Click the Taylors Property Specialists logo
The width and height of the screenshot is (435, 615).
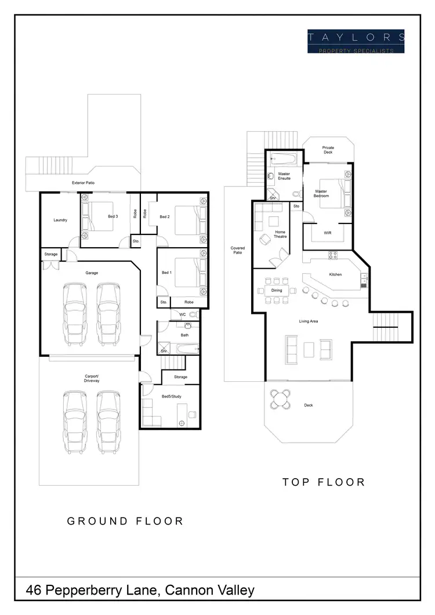(356, 41)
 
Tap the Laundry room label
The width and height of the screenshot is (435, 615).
(60, 220)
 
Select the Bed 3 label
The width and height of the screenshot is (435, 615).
(113, 216)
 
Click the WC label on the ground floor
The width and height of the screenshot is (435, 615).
(182, 314)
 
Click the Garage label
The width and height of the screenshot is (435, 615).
(90, 271)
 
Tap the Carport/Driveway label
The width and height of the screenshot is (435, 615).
(92, 379)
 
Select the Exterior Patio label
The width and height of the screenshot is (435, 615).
(83, 183)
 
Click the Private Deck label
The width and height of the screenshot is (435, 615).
(328, 150)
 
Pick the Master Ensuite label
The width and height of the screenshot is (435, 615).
(284, 176)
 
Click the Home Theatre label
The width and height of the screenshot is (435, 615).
(280, 234)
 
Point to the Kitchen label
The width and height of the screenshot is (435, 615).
(336, 274)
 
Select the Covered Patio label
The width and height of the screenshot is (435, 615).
(238, 250)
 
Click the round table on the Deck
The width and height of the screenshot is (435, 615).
(281, 399)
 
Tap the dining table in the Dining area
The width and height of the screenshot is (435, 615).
(277, 291)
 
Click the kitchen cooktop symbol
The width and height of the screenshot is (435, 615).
(333, 254)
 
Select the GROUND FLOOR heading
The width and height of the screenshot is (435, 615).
(125, 521)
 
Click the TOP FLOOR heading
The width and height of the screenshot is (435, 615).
(324, 482)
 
